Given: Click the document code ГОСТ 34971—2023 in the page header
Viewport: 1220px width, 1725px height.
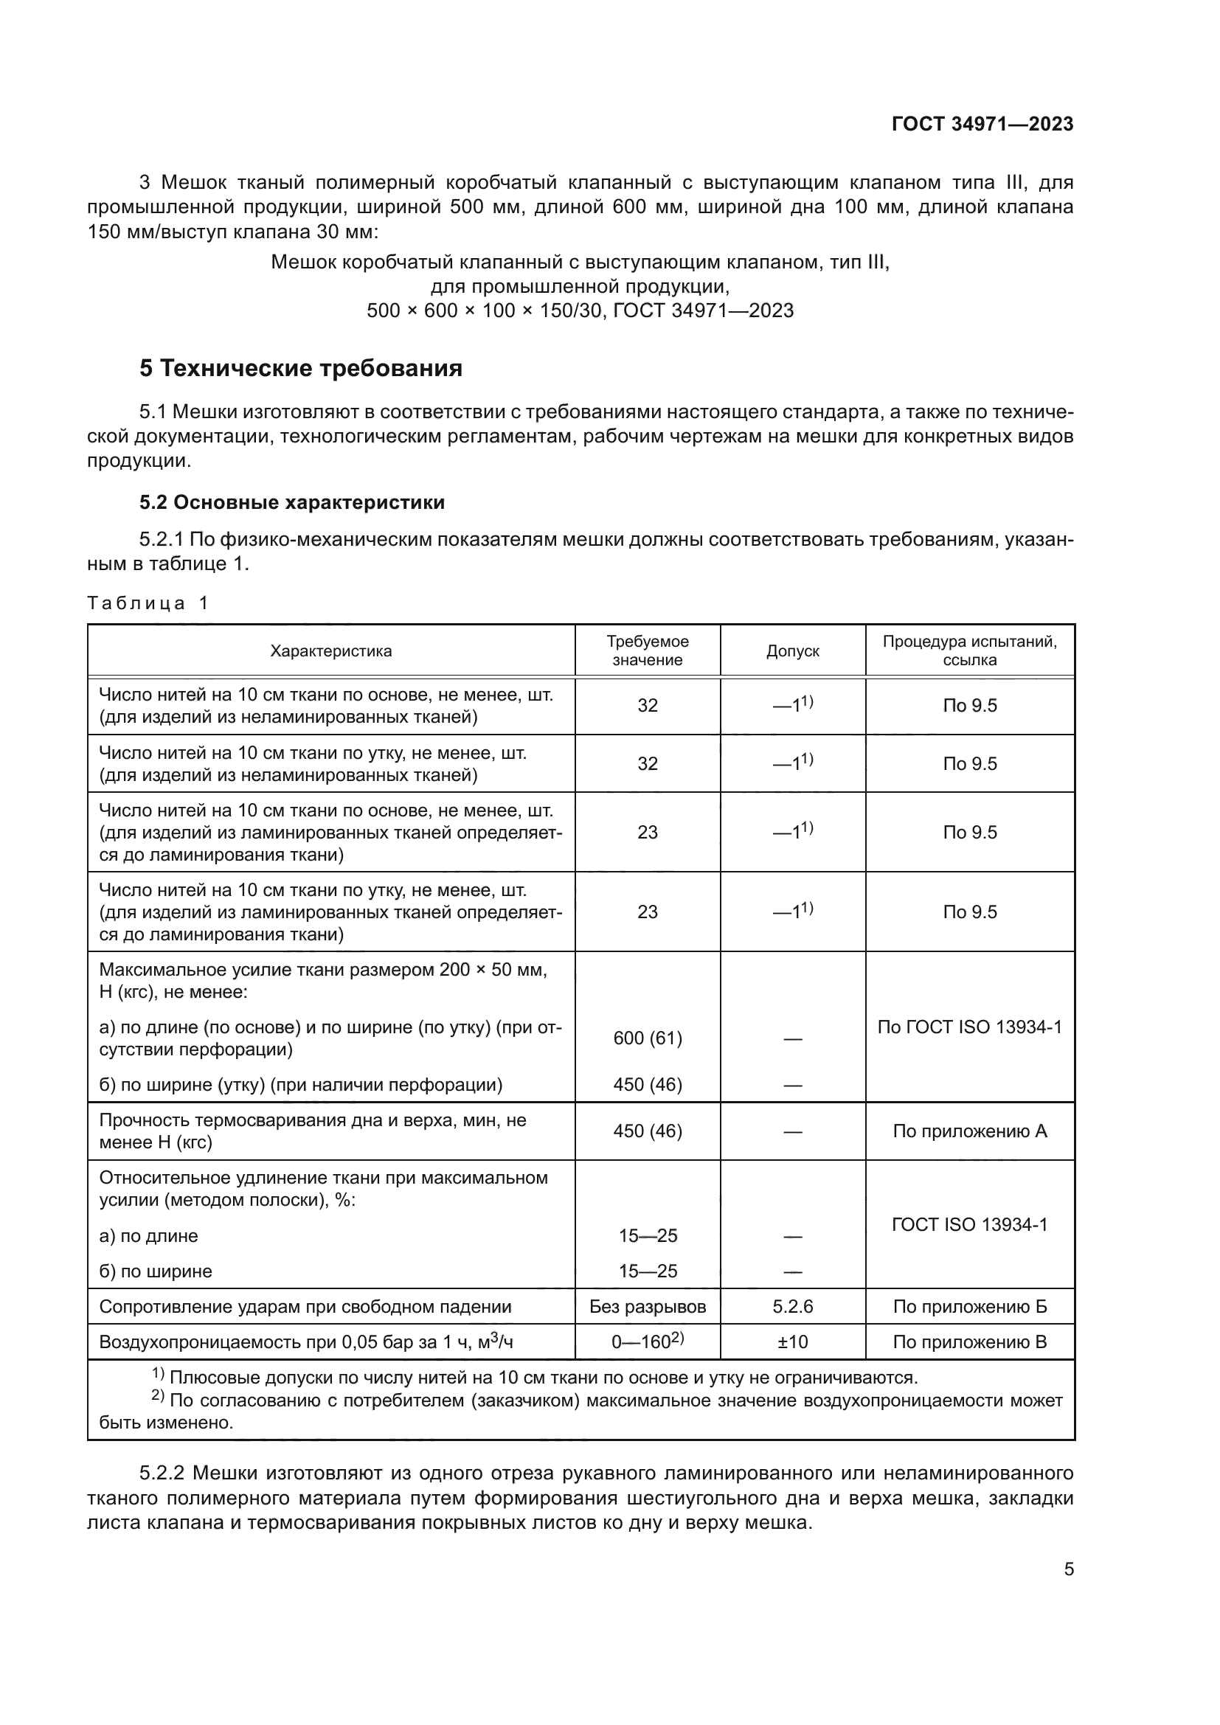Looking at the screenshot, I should pos(982,125).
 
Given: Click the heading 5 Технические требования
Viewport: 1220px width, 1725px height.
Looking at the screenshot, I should pos(300,369).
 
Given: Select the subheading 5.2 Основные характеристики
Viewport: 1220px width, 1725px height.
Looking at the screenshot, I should pos(292,502).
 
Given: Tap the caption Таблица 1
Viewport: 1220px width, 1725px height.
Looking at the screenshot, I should pos(148,603).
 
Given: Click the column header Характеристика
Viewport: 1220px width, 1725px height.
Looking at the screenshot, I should pos(330,651).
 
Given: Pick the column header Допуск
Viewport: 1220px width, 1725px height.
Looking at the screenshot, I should pos(791,651).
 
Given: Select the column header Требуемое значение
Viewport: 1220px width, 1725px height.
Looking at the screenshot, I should pos(647,650).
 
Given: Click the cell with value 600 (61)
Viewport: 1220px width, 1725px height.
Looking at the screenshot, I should pos(647,1038).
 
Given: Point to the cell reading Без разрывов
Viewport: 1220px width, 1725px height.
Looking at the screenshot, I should pos(647,1307).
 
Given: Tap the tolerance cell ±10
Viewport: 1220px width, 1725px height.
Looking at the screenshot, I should pos(791,1342).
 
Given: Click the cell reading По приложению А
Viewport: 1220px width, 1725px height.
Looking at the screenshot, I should pos(969,1131).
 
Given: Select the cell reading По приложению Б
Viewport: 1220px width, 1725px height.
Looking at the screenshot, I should pos(969,1307).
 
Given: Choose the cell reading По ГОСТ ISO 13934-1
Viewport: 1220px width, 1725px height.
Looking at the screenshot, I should pos(969,1027).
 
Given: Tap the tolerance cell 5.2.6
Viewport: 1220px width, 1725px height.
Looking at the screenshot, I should pos(791,1307).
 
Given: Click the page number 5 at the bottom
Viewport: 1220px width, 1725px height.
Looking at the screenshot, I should pos(1068,1569).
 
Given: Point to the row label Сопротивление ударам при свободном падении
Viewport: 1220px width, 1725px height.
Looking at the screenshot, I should pos(305,1307).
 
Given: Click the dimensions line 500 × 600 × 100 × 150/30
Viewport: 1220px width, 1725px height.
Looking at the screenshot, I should pos(485,311).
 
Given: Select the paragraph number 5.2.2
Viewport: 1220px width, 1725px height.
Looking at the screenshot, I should pos(164,1474).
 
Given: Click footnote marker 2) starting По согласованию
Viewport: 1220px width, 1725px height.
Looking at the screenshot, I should pos(158,1397).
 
